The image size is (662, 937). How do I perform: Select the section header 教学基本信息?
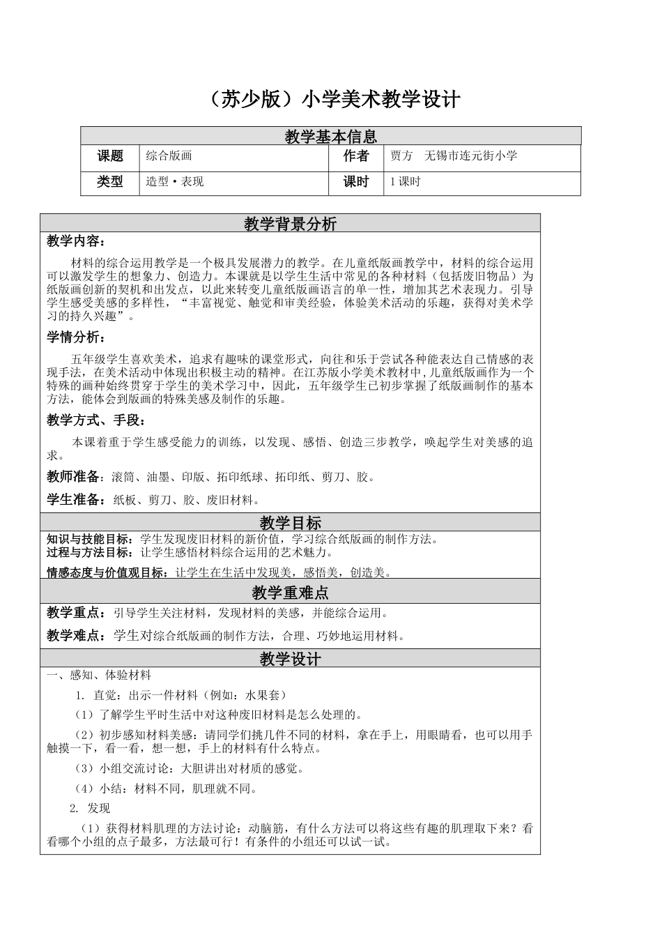coord(330,137)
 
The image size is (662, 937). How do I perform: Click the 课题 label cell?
coord(110,157)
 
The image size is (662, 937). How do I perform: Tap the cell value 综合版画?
coord(169,157)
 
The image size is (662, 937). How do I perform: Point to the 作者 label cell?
coord(355,157)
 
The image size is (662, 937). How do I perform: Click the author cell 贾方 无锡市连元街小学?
coord(454,157)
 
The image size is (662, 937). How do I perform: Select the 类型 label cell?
coord(110,182)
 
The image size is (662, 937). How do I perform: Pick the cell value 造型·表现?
coord(175,182)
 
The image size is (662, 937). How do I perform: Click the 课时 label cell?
coord(355,182)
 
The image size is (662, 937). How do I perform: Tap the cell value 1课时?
coord(405,182)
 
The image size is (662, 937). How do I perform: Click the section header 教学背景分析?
coord(290,224)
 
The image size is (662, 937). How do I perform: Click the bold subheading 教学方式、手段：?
coord(96,420)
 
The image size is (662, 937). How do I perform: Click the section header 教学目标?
coord(290,523)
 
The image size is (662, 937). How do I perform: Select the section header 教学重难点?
coord(290,593)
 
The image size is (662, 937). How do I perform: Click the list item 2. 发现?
coord(90,809)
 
